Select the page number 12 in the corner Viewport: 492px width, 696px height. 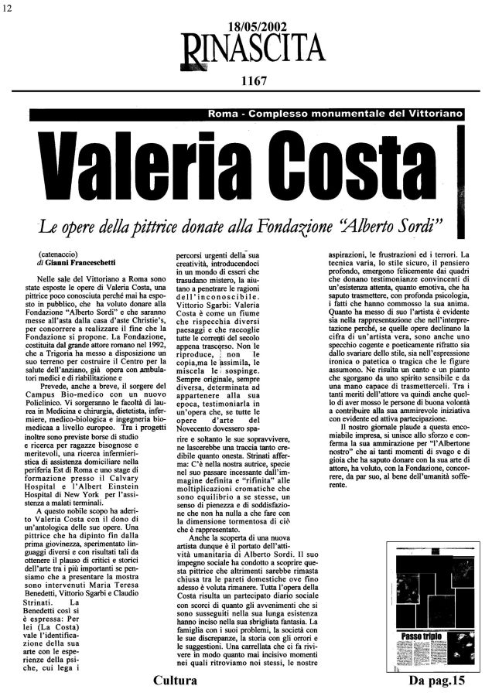pos(7,7)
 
